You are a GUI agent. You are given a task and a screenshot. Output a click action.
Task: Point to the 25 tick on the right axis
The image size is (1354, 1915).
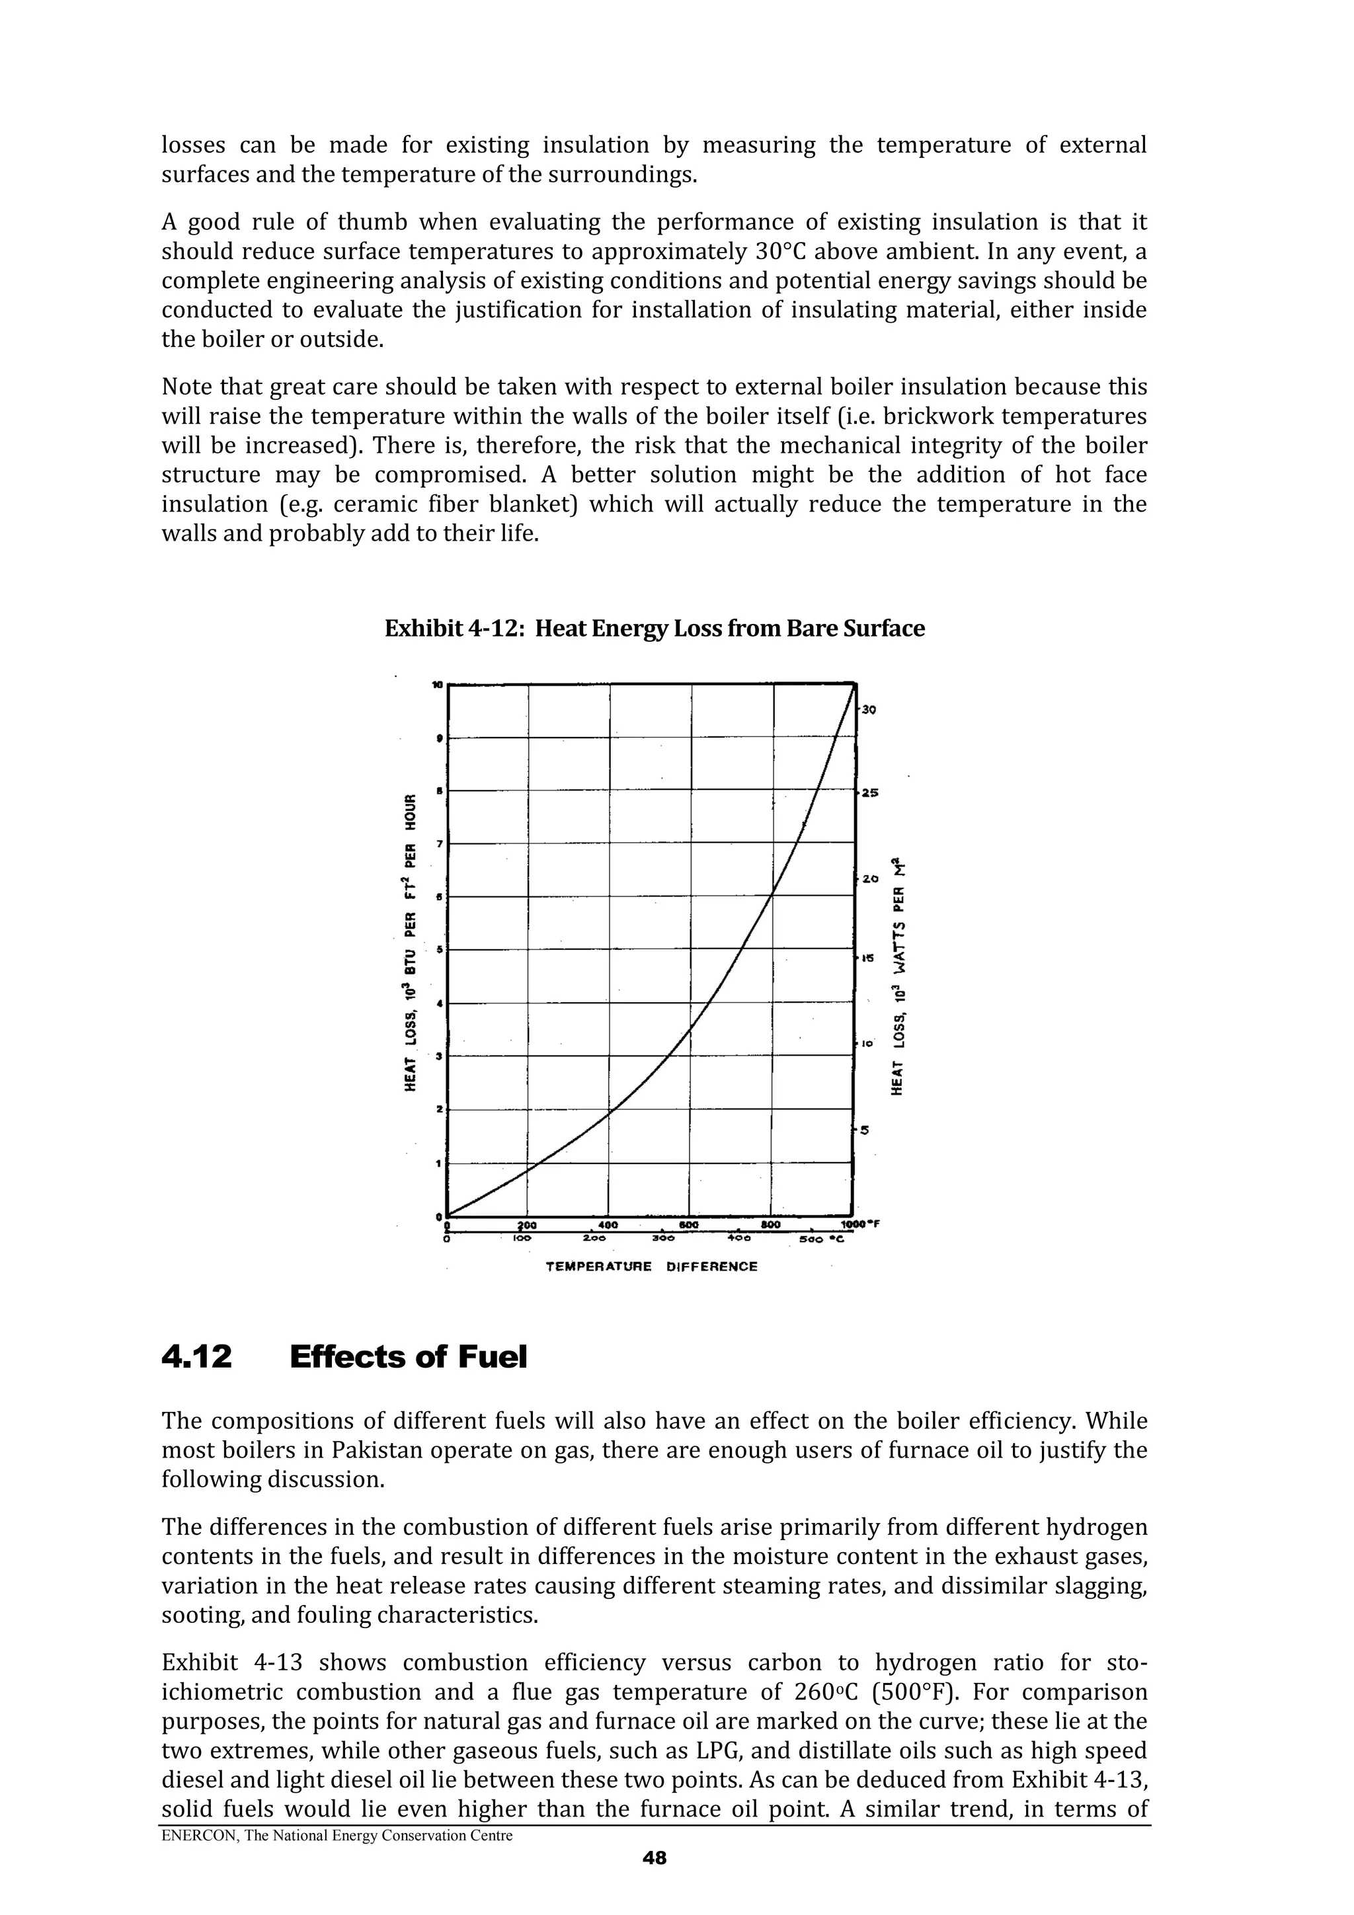click(869, 793)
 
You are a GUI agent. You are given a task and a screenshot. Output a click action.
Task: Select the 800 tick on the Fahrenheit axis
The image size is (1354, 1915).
click(770, 1224)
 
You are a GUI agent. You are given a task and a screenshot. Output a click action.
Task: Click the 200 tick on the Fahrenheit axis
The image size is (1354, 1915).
click(527, 1224)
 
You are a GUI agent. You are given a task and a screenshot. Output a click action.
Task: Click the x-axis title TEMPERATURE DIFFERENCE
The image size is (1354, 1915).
click(652, 1266)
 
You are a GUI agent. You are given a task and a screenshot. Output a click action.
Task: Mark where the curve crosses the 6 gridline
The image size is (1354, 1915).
click(772, 896)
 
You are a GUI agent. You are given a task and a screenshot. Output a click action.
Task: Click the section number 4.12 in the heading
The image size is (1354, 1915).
click(196, 1357)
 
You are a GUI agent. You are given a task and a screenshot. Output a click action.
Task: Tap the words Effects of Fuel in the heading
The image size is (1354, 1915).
click(408, 1357)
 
